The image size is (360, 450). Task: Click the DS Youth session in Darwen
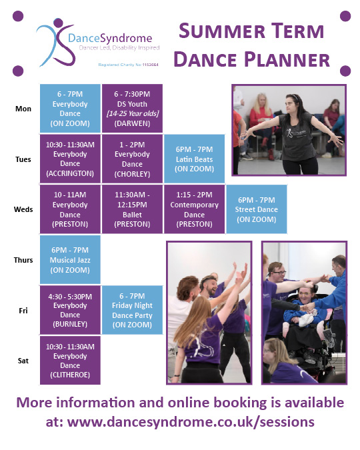click(132, 109)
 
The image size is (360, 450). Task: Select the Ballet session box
click(132, 209)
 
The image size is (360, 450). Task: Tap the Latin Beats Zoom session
click(194, 159)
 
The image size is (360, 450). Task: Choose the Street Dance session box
click(256, 209)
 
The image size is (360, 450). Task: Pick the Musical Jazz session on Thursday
click(70, 259)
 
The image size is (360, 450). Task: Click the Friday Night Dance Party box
click(132, 309)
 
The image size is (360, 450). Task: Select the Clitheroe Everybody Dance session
click(70, 360)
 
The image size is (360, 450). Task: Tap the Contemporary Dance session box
click(194, 209)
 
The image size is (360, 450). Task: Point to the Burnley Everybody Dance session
click(70, 309)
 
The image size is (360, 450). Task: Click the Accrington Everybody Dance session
click(70, 159)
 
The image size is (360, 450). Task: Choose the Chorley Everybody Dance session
click(132, 159)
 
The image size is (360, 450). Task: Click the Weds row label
click(23, 209)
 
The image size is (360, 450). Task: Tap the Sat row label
click(23, 360)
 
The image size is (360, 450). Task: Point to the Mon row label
click(23, 108)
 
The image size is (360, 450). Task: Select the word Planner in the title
click(287, 59)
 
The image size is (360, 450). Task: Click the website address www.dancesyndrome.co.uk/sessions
click(191, 421)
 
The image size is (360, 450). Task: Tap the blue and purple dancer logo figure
click(52, 43)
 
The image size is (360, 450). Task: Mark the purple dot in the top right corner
click(345, 16)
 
